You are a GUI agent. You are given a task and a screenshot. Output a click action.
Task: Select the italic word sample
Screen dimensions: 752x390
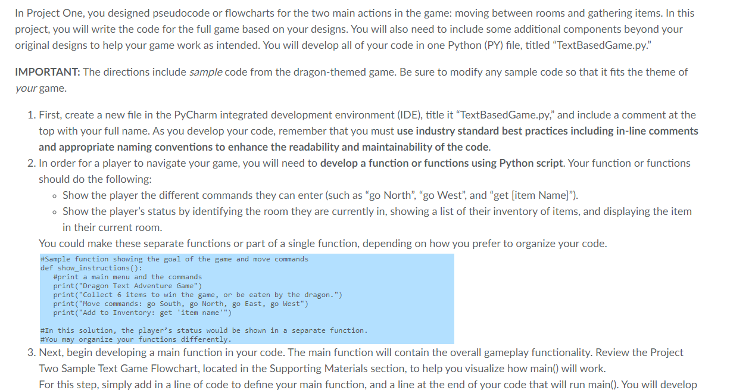pos(205,72)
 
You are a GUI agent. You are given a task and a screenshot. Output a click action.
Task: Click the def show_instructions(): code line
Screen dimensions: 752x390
pos(91,268)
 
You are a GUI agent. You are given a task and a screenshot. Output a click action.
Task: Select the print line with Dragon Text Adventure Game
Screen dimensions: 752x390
pos(127,286)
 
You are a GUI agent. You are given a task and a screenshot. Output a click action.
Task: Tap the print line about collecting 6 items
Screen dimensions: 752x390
pos(197,295)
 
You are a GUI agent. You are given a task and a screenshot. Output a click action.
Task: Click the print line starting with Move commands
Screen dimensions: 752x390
pos(180,304)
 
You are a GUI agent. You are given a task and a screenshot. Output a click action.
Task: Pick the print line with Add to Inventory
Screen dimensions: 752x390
pos(142,313)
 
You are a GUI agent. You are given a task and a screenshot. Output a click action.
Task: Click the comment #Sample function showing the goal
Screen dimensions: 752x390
pos(174,259)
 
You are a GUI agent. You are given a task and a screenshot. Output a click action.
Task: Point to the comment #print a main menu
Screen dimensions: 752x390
pos(127,277)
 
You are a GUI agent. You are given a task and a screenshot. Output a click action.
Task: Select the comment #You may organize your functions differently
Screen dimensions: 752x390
pos(135,339)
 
